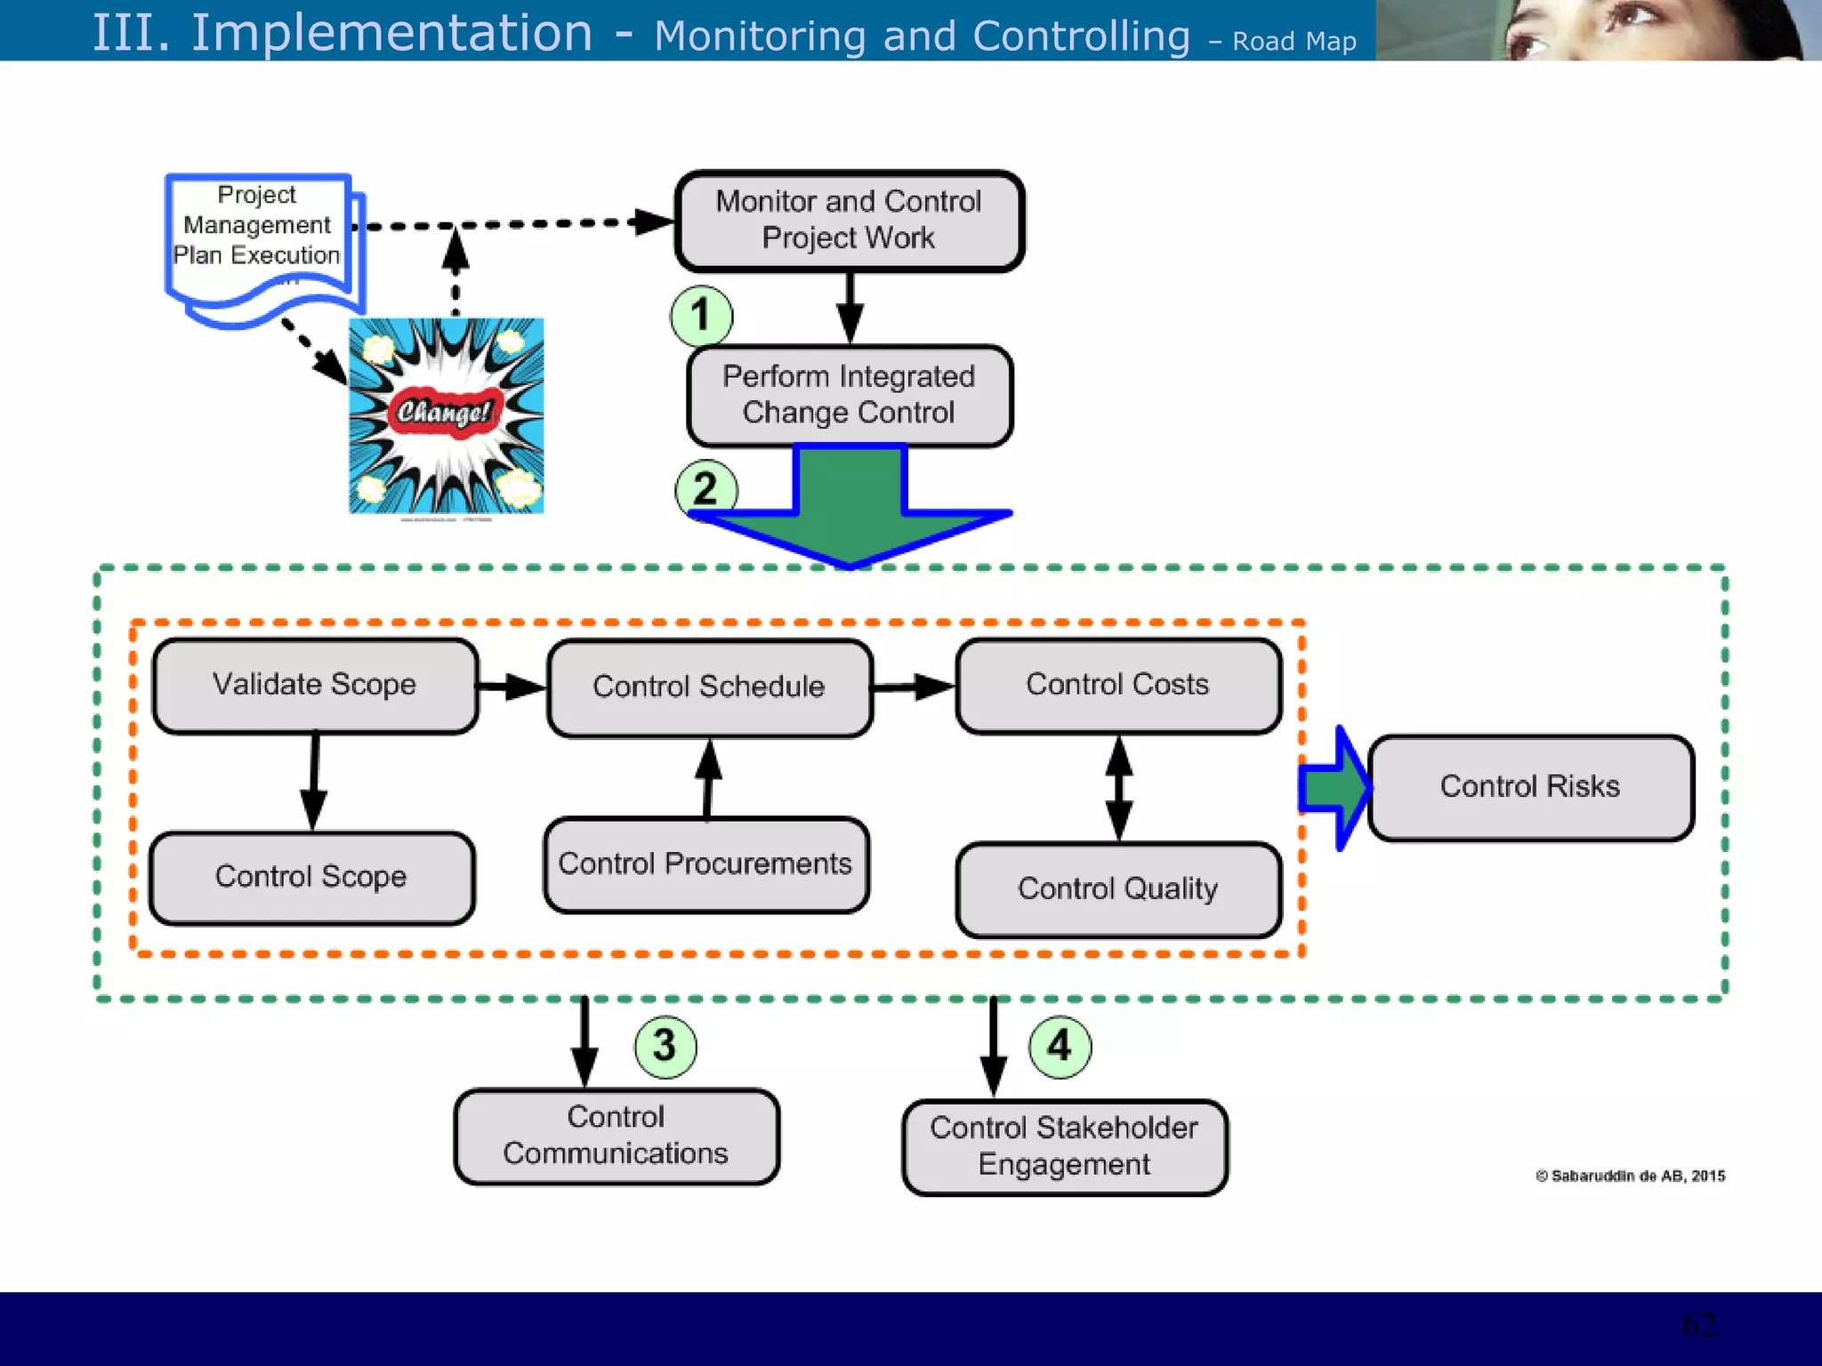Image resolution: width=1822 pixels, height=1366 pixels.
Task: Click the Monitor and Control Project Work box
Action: (x=850, y=221)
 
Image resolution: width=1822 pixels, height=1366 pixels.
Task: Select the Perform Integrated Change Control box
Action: (x=850, y=395)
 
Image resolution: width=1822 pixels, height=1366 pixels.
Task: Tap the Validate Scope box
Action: (x=315, y=685)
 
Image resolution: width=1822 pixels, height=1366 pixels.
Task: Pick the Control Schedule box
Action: (x=709, y=687)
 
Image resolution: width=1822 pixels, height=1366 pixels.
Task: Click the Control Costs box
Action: (x=1118, y=685)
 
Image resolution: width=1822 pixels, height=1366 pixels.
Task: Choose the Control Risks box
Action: (x=1530, y=787)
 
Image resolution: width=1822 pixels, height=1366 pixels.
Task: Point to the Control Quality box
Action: (x=1118, y=888)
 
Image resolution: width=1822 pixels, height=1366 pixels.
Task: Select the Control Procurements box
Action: (x=705, y=864)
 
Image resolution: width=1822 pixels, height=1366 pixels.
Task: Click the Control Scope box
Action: (x=311, y=877)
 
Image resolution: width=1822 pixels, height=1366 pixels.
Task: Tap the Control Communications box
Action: (x=616, y=1136)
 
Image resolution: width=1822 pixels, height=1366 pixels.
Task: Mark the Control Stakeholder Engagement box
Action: (x=1064, y=1146)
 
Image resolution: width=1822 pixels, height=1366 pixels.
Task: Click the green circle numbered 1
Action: (x=701, y=316)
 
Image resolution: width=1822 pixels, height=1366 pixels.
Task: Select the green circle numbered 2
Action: (x=705, y=488)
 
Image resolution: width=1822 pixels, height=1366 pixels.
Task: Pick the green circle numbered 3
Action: (x=665, y=1046)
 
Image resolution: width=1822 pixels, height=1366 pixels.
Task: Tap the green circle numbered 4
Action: (x=1059, y=1046)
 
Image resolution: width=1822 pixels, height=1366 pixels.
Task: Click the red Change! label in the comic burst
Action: (x=444, y=412)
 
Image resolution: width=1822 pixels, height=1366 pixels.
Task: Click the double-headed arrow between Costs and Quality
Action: (x=1118, y=788)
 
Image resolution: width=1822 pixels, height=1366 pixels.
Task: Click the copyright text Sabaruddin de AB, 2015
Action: (x=1630, y=1176)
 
